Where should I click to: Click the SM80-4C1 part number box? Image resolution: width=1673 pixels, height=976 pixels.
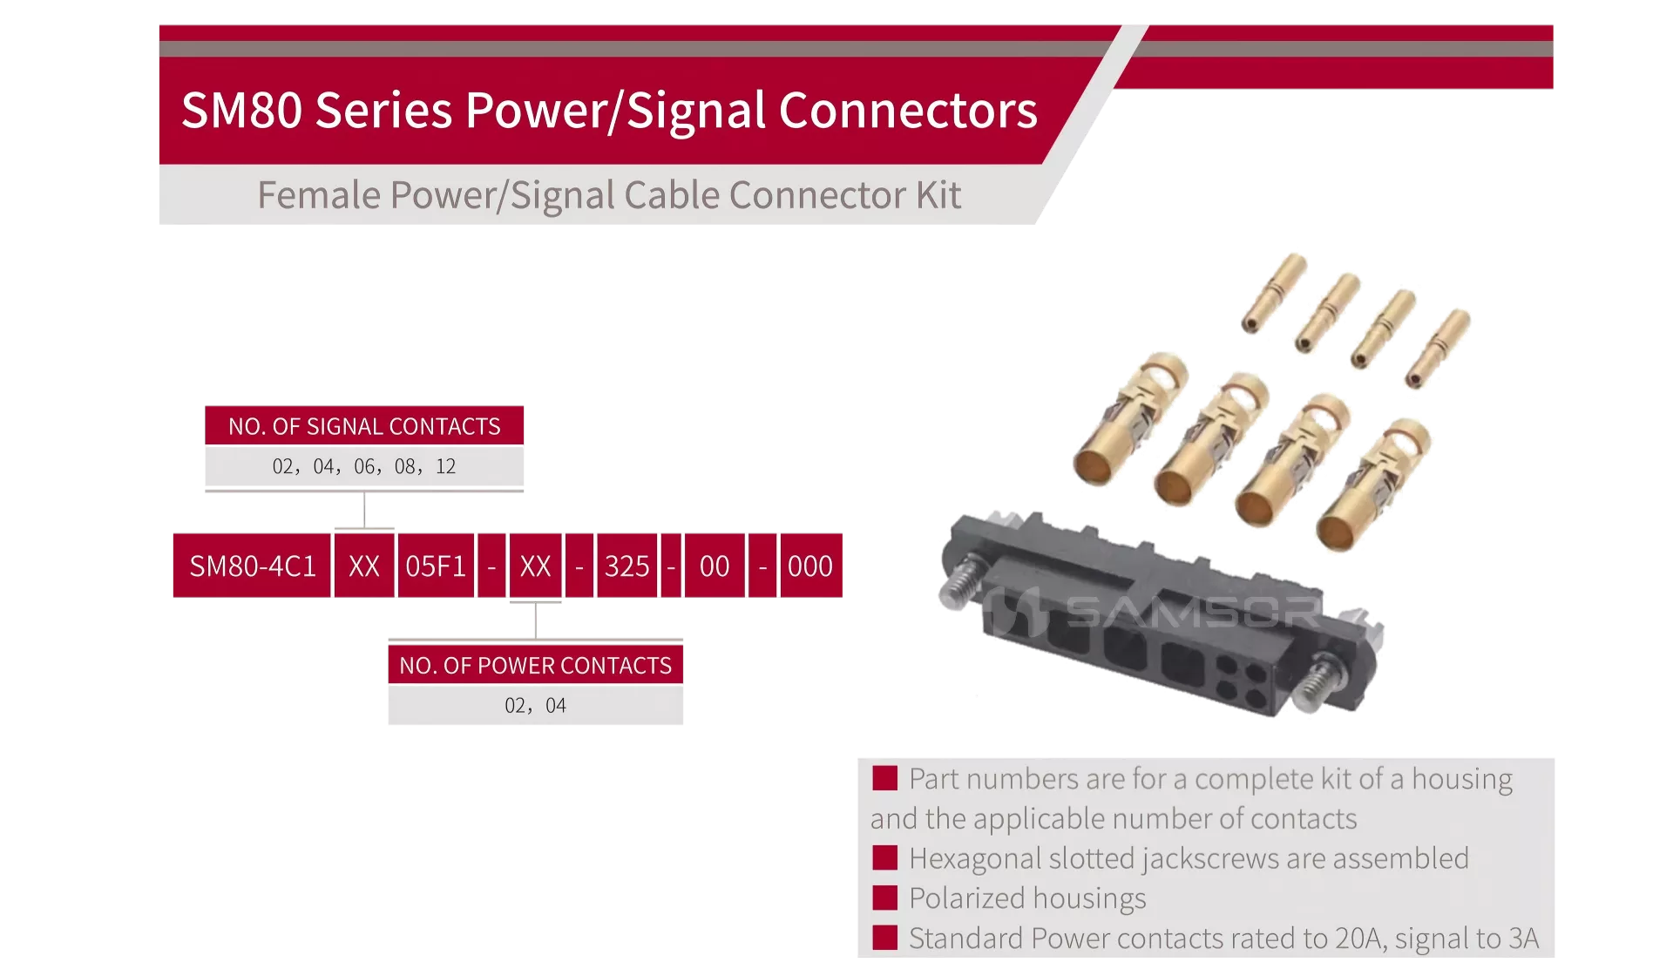point(252,566)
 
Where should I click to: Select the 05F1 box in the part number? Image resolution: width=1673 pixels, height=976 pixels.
point(436,566)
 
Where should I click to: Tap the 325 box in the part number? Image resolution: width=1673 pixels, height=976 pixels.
point(627,566)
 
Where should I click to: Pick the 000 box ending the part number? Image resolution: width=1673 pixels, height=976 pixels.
point(810,566)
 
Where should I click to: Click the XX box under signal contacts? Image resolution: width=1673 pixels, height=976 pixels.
point(364,566)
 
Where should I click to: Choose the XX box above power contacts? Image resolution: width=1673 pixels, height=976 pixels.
point(535,566)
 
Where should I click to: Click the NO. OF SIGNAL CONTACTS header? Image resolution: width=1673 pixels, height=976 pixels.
point(364,426)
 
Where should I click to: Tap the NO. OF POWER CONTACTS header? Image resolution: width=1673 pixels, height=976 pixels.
point(535,665)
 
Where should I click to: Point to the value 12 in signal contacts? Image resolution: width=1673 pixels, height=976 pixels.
point(446,467)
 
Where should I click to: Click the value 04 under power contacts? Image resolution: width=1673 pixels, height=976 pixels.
point(556,706)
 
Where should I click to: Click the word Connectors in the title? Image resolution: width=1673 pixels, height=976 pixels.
point(907,111)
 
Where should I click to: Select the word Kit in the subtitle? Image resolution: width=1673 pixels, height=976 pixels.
point(938,194)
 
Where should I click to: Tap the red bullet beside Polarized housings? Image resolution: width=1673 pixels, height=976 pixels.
point(885,898)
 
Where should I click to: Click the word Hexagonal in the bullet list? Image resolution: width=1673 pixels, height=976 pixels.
point(975,859)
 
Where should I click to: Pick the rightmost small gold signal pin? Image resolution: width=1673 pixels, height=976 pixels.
point(1438,349)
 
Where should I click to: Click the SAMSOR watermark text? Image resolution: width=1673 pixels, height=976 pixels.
point(1194,612)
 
